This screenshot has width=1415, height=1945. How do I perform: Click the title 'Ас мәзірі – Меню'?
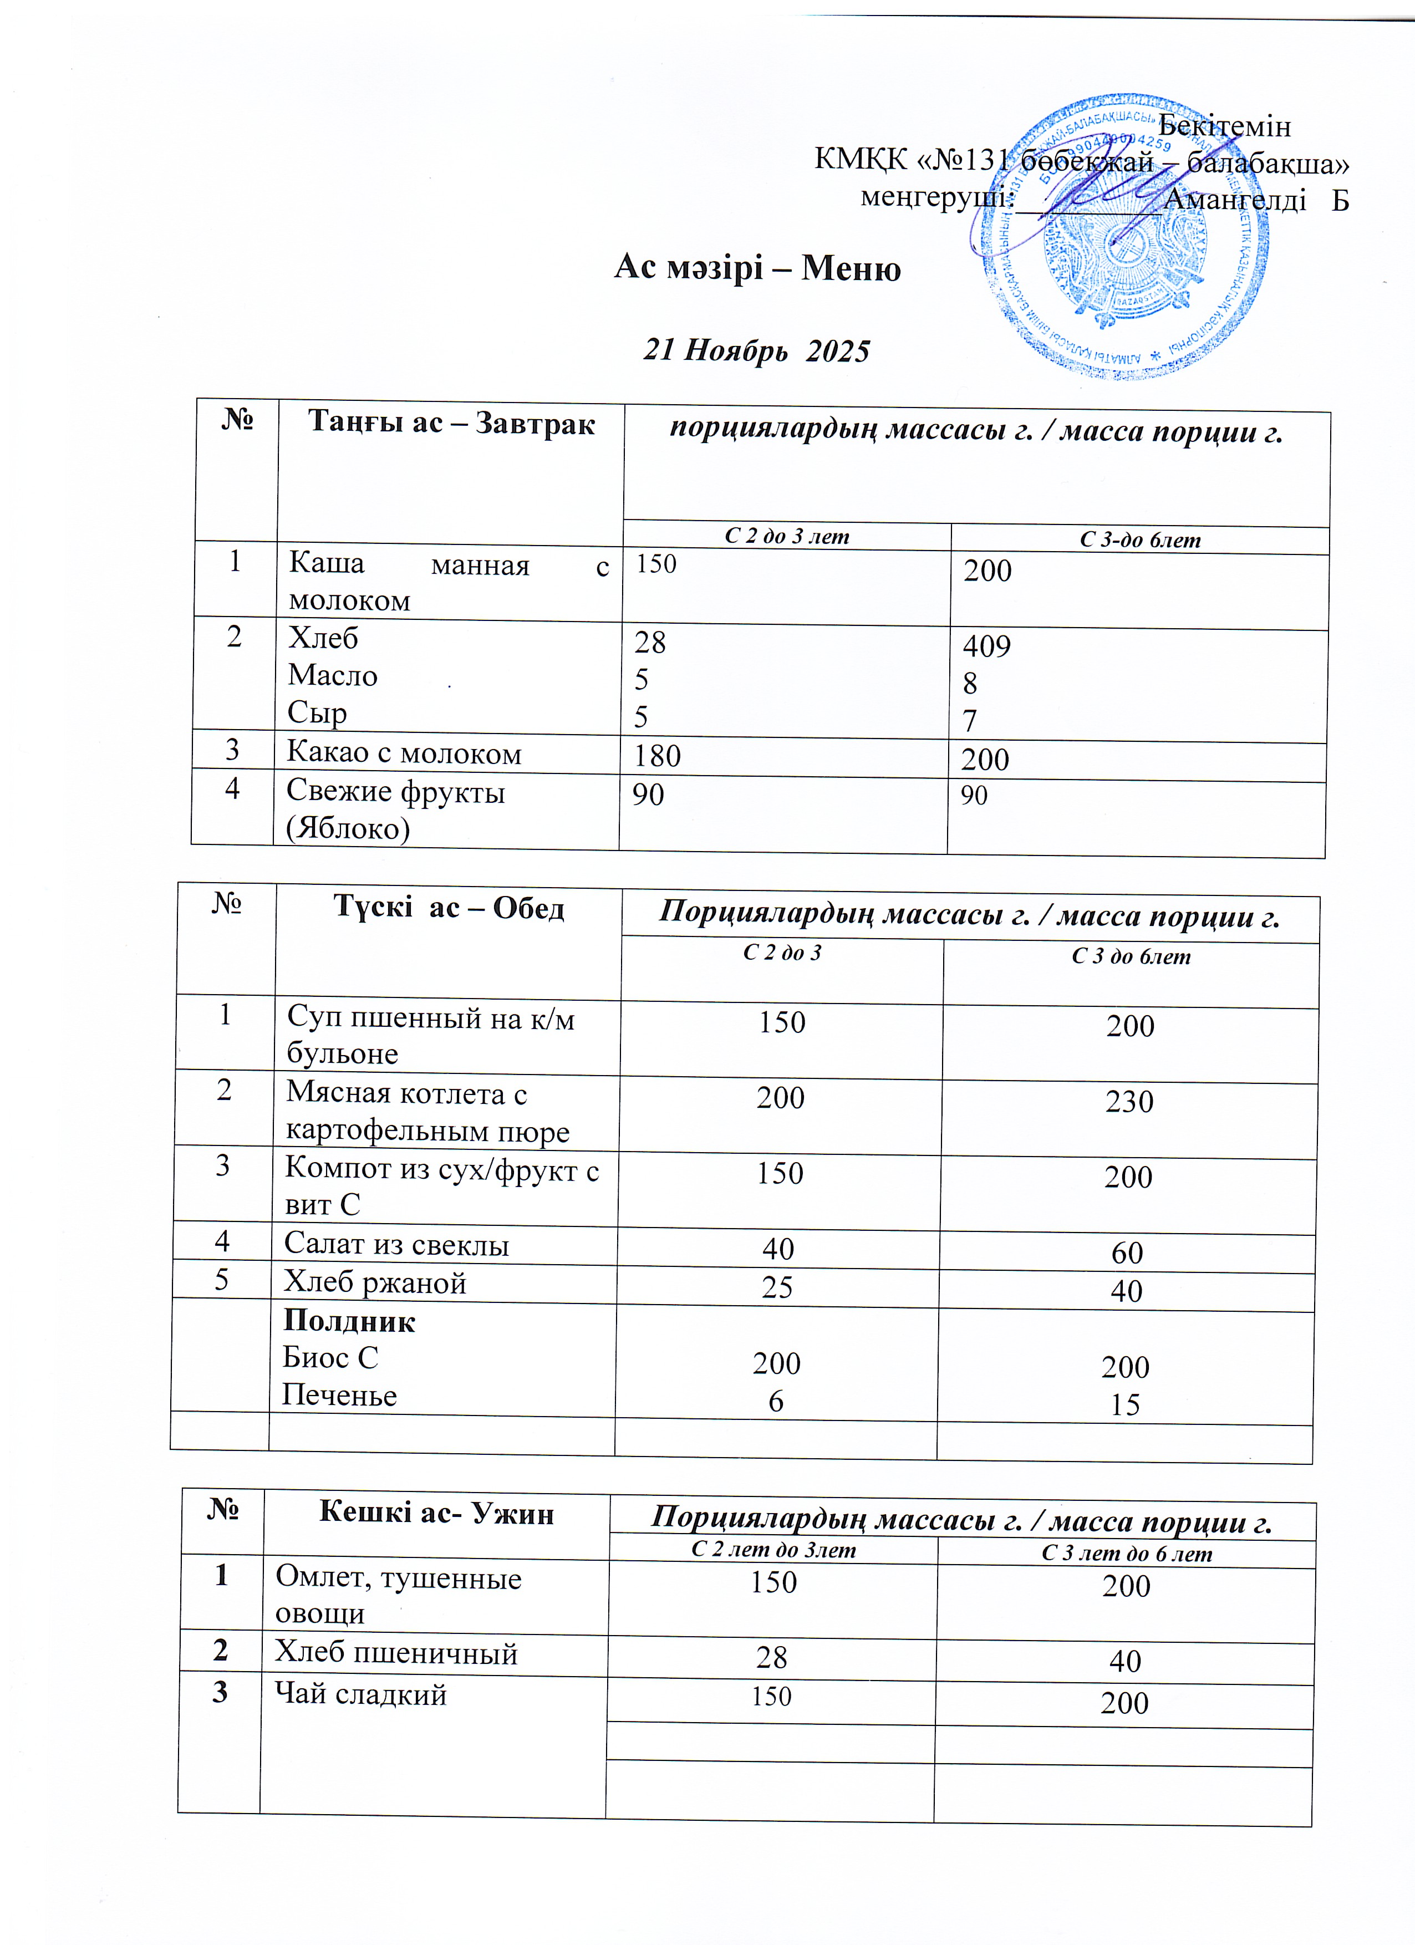click(x=757, y=268)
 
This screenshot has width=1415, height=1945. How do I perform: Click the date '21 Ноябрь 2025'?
click(x=756, y=351)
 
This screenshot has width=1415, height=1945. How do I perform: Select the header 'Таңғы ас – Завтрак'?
click(x=451, y=424)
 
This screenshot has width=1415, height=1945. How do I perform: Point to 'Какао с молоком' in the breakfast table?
click(x=404, y=753)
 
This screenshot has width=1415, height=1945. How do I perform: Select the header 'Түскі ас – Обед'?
click(x=449, y=907)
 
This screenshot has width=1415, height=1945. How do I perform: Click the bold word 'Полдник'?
click(x=349, y=1322)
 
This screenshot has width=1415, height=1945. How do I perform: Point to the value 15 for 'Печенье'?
click(x=1125, y=1405)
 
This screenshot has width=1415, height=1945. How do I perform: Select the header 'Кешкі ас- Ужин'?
click(x=436, y=1514)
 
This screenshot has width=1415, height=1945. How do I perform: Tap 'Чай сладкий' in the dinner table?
click(x=360, y=1694)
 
